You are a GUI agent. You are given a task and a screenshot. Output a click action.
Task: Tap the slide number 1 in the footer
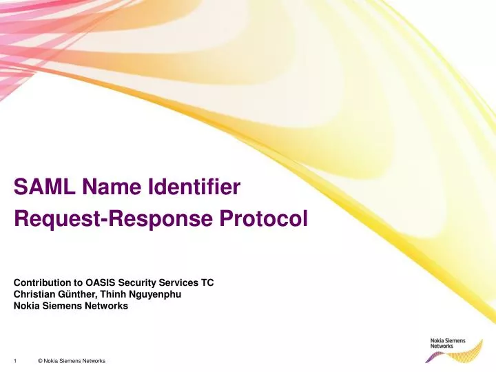pyautogui.click(x=14, y=362)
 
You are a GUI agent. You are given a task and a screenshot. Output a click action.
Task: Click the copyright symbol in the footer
pyautogui.click(x=41, y=362)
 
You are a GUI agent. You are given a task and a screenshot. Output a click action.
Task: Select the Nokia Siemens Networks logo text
pyautogui.click(x=448, y=343)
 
